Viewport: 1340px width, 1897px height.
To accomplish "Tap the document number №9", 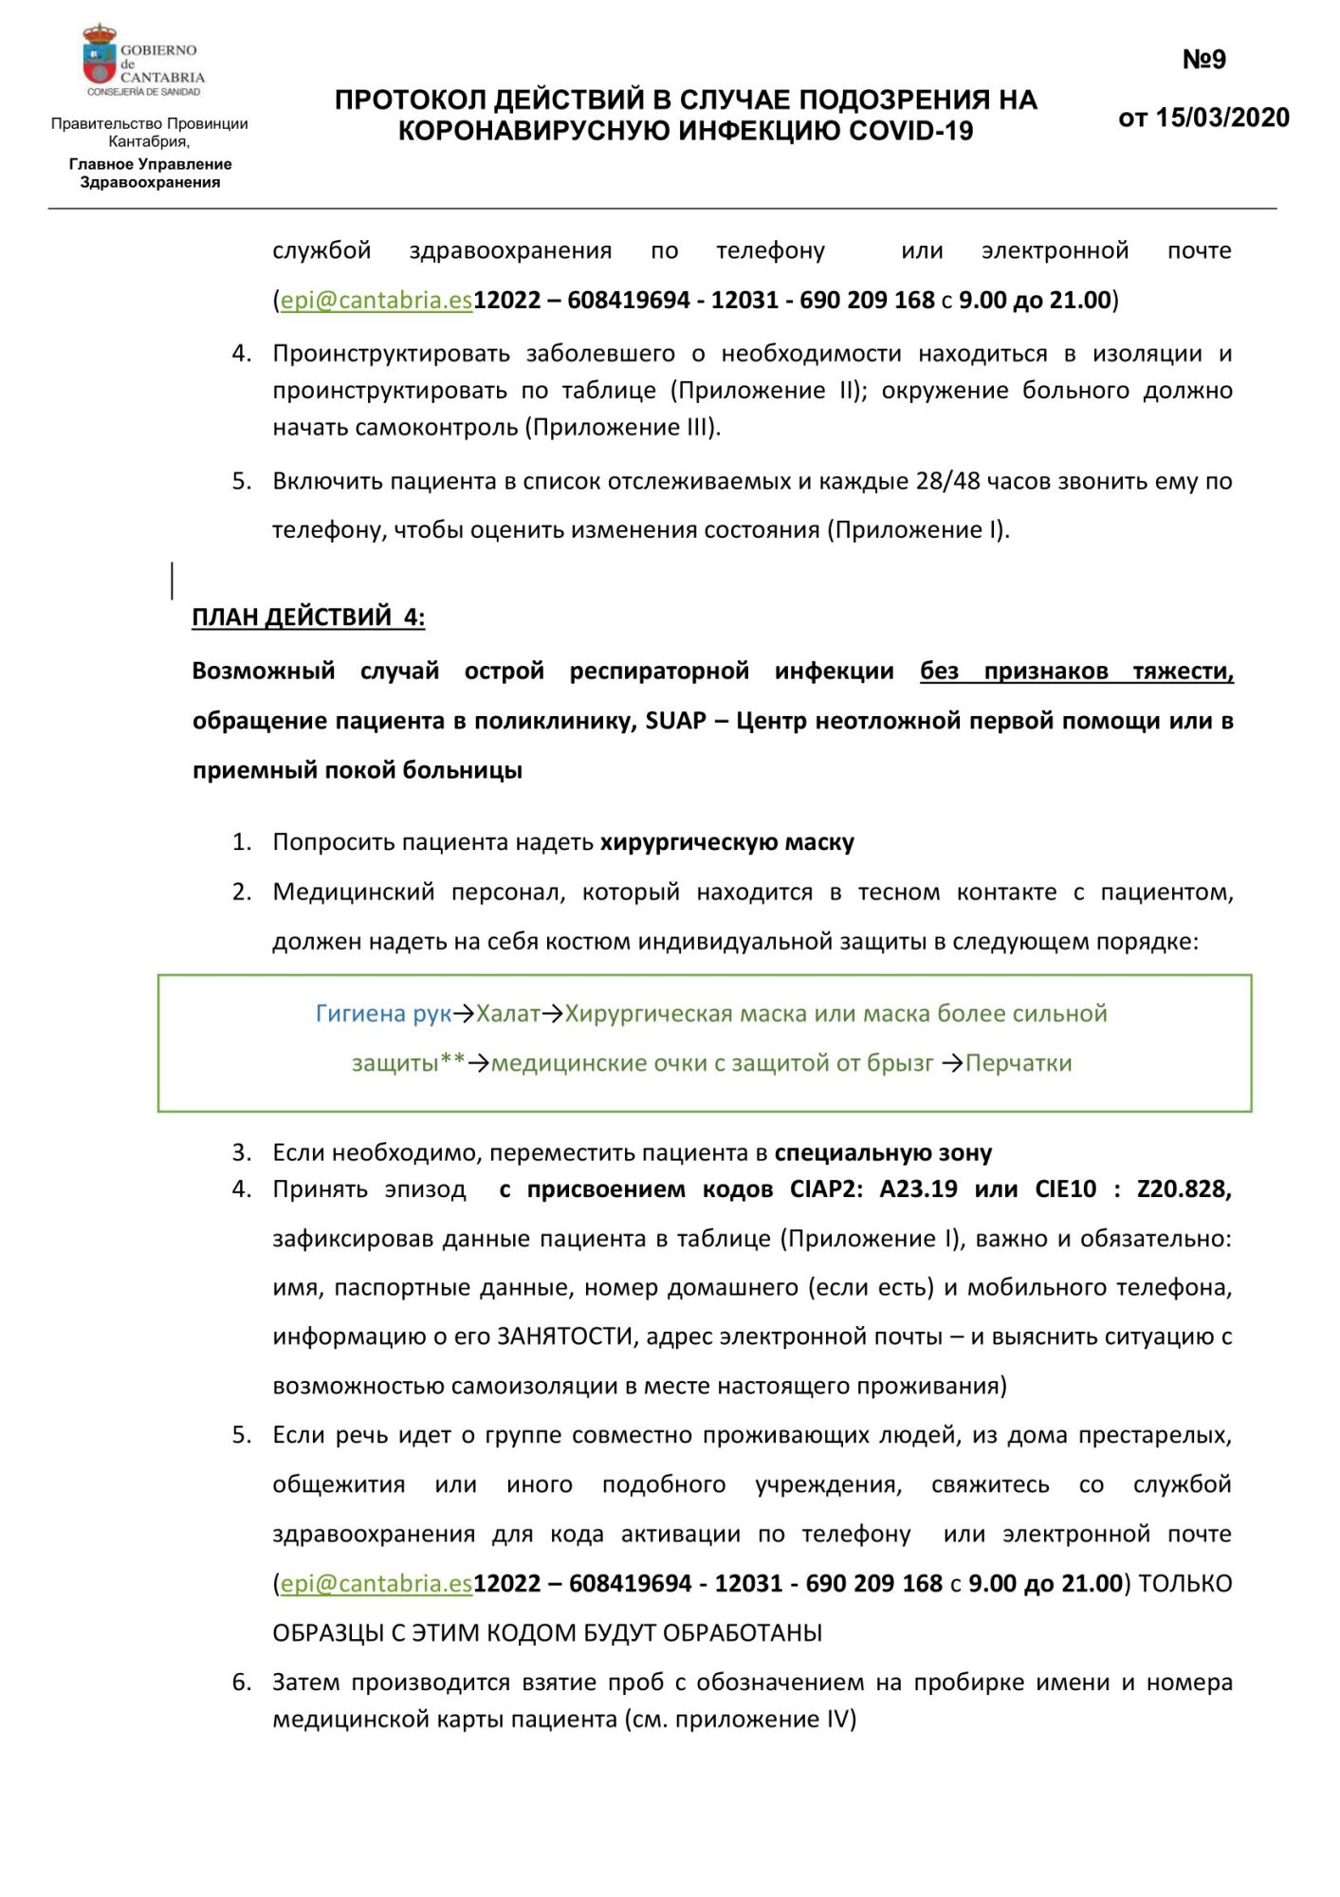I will (x=1203, y=60).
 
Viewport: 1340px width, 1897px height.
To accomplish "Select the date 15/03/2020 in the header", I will (x=1222, y=118).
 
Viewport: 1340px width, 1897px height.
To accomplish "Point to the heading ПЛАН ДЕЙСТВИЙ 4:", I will (x=308, y=617).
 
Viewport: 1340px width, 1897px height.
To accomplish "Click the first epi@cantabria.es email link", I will (x=376, y=300).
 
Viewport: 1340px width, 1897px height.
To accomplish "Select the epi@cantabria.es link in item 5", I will (x=376, y=1583).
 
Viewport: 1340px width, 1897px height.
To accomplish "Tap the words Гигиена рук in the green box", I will (x=383, y=1013).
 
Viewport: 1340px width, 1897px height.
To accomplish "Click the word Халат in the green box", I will (x=507, y=1013).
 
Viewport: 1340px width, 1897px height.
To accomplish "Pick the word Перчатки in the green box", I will (x=1019, y=1062).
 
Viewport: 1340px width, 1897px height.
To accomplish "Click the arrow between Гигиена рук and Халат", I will (x=464, y=1014).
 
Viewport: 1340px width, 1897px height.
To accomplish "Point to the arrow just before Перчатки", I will (x=952, y=1063).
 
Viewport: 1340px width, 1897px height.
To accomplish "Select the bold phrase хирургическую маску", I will (x=727, y=841).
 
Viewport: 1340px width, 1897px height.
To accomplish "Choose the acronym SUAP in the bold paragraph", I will (x=675, y=720).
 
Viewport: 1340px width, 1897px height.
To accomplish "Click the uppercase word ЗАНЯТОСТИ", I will (x=565, y=1336).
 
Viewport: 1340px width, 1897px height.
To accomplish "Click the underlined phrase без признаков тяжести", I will (x=1075, y=671).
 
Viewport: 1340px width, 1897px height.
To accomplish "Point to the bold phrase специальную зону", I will (x=883, y=1152).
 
